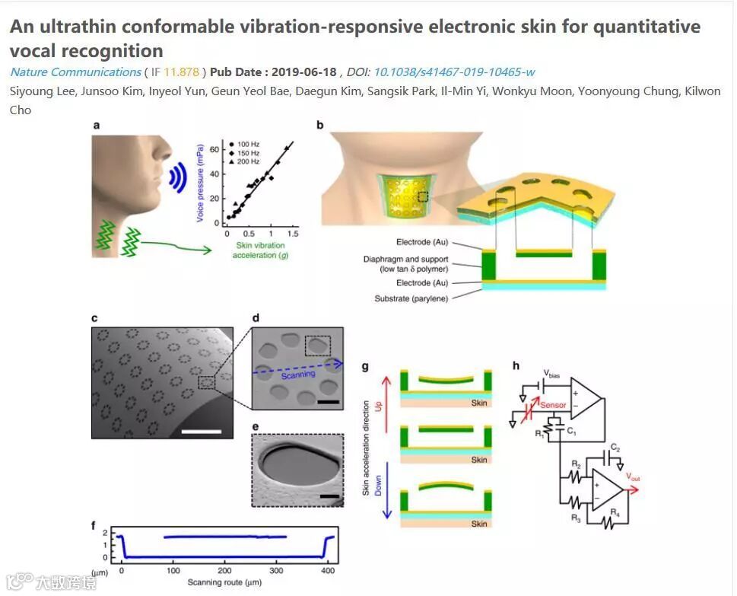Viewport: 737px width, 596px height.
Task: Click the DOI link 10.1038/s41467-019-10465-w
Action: tap(453, 72)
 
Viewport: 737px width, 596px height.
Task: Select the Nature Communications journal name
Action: tap(75, 72)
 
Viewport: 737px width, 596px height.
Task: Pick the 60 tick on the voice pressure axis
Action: tap(216, 149)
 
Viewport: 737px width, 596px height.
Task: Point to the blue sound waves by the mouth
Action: tap(178, 177)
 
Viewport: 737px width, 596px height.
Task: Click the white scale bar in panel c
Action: tap(202, 432)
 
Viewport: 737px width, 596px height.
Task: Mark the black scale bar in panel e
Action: tap(329, 497)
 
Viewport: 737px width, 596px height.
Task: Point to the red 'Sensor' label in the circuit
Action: tap(552, 405)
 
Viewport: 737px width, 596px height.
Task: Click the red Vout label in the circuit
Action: tap(633, 476)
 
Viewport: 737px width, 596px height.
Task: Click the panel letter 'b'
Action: tap(320, 125)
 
